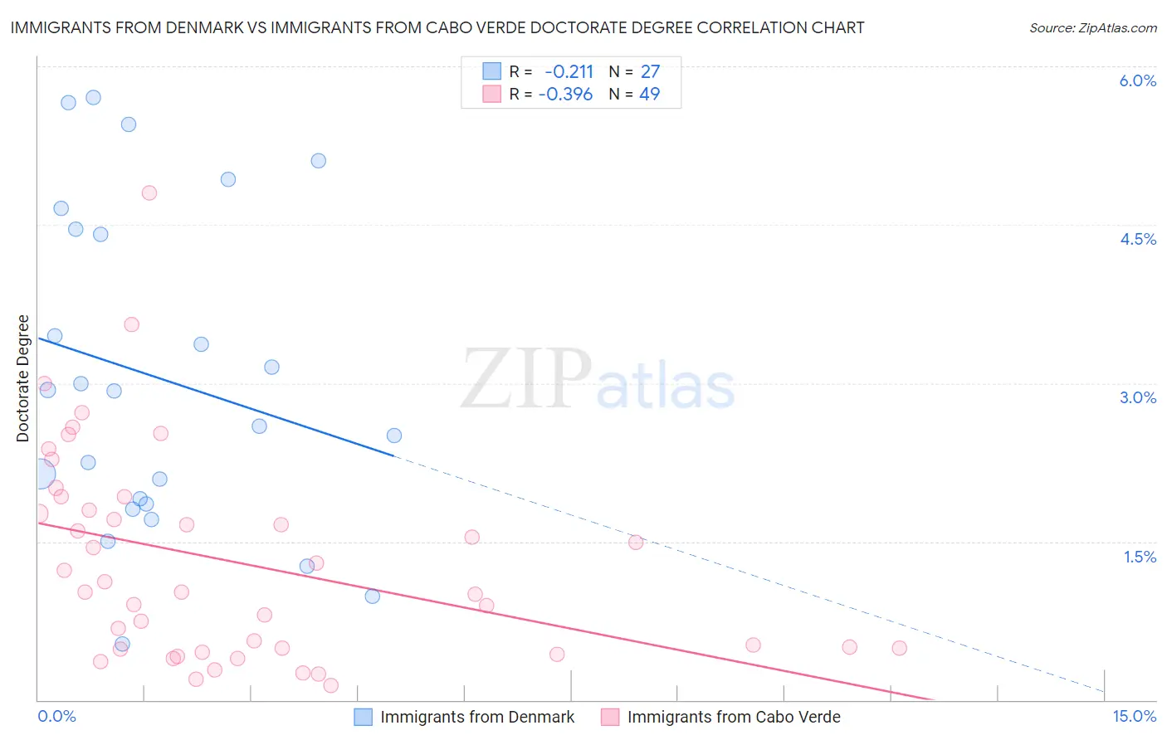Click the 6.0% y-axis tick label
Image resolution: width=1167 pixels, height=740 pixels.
point(1137,80)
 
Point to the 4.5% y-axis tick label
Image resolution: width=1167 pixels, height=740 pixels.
point(1137,239)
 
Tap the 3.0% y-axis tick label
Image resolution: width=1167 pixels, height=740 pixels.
point(1137,397)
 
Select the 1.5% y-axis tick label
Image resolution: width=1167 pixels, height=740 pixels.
point(1140,557)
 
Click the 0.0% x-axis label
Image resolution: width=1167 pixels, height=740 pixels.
point(56,716)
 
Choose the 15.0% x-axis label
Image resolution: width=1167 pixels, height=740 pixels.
point(1134,716)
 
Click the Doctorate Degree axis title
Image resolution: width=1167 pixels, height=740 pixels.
point(23,378)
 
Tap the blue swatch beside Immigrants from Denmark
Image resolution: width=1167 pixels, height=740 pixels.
point(364,717)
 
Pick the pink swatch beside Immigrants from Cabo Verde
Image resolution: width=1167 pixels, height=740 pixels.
point(610,717)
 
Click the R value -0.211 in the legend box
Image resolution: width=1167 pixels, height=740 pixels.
point(569,72)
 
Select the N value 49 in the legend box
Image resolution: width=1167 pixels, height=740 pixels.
point(649,95)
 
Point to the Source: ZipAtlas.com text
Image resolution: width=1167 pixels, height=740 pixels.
point(1092,28)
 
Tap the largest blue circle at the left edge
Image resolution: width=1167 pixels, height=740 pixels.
point(39,475)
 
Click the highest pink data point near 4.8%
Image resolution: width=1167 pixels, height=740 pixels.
point(149,193)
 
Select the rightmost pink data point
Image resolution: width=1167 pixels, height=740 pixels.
point(899,648)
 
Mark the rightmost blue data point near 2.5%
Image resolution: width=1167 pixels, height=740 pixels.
point(394,436)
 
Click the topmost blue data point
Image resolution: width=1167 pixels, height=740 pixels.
point(94,97)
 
